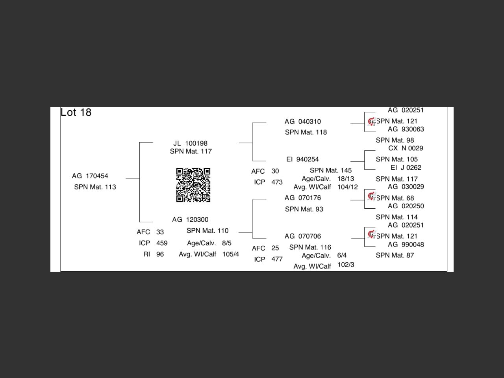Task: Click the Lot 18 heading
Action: point(76,113)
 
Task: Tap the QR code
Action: point(193,185)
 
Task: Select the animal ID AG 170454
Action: point(90,176)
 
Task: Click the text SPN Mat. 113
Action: point(95,187)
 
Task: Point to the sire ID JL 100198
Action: point(190,143)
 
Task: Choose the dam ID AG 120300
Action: point(190,220)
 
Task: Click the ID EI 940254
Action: point(302,159)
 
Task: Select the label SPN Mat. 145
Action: point(330,170)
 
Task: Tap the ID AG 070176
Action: point(302,198)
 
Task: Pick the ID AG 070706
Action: point(302,236)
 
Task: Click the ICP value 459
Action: point(162,243)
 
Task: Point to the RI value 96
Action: point(160,254)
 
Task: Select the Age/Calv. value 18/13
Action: point(346,179)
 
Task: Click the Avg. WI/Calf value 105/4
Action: point(230,254)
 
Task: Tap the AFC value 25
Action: point(275,248)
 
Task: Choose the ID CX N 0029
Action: point(406,148)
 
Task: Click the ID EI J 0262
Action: point(406,168)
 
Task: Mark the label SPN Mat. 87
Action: point(395,256)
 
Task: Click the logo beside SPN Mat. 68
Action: point(371,196)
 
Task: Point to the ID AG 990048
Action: point(406,245)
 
